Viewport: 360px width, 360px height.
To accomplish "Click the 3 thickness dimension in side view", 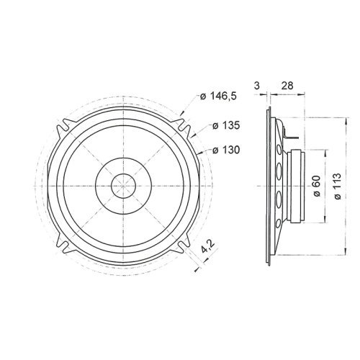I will (x=257, y=86).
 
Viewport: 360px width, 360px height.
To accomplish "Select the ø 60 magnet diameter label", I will (x=316, y=189).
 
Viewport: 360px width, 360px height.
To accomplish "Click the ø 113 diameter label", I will (x=337, y=189).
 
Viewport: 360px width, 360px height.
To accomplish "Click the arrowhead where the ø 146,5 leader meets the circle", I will (x=183, y=114).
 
